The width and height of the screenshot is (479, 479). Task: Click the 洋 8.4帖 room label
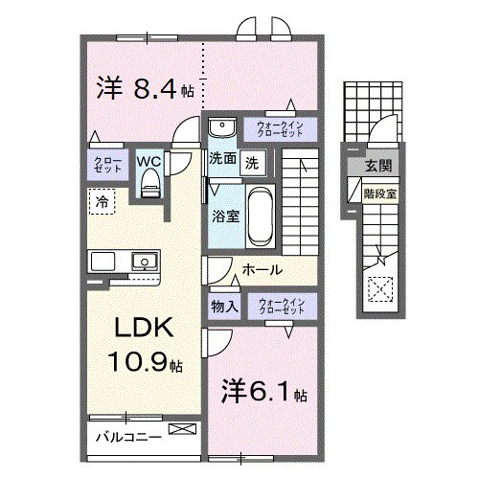[x=146, y=91]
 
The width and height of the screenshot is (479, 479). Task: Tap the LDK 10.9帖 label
[x=144, y=344]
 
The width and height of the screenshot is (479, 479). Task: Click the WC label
[x=148, y=162]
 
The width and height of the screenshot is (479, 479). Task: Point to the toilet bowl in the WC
[x=148, y=188]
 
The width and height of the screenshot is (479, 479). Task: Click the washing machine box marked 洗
[x=252, y=161]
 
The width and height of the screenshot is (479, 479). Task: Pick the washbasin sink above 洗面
[x=222, y=127]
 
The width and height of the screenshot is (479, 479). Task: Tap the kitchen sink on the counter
[x=146, y=260]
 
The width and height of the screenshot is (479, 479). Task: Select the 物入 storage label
[x=223, y=307]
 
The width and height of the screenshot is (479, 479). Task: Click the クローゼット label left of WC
[x=104, y=165]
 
